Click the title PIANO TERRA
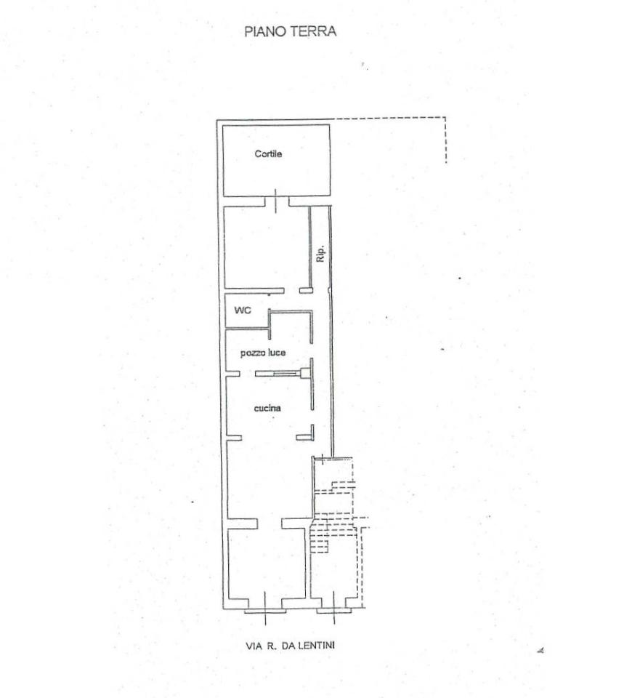tap(290, 31)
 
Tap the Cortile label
tap(268, 153)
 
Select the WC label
tap(243, 310)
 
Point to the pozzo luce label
tap(263, 353)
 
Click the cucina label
tap(267, 408)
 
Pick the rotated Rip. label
tap(320, 253)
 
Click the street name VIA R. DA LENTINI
tap(290, 645)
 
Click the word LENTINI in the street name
tap(316, 645)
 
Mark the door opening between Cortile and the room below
tap(277, 201)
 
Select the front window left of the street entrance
tap(266, 611)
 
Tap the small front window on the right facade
tap(334, 610)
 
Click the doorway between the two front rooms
tap(270, 523)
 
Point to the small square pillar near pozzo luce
tap(306, 373)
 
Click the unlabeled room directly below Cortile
tap(266, 247)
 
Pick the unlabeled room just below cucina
tap(269, 479)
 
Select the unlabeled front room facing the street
tap(267, 563)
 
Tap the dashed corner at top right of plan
tap(445, 118)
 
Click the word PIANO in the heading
tap(266, 31)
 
